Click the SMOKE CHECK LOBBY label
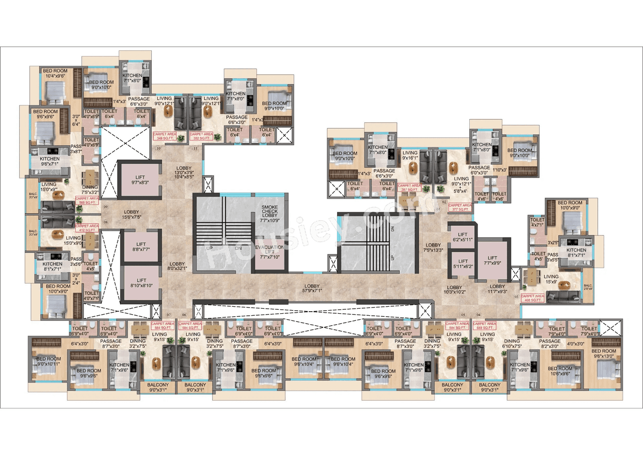pyautogui.click(x=270, y=214)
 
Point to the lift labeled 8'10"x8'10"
pyautogui.click(x=141, y=283)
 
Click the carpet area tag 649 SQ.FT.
pyautogui.click(x=484, y=326)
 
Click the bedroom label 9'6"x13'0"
pyautogui.click(x=603, y=353)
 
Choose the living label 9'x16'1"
pyautogui.click(x=410, y=156)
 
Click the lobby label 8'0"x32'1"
pyautogui.click(x=177, y=266)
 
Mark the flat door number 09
pyautogui.click(x=105, y=207)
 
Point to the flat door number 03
pyautogui.click(x=516, y=297)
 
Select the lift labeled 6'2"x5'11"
pyautogui.click(x=463, y=237)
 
